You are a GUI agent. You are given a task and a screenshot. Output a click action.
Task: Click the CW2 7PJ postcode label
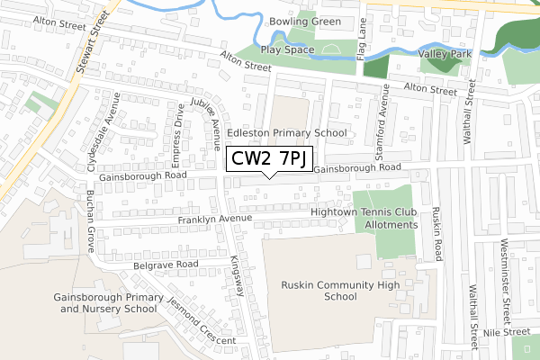270,159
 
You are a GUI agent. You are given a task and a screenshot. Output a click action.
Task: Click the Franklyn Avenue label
214,219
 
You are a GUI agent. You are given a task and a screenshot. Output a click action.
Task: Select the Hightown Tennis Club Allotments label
364,219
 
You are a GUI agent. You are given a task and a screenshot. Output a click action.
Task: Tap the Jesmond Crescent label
201,318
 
